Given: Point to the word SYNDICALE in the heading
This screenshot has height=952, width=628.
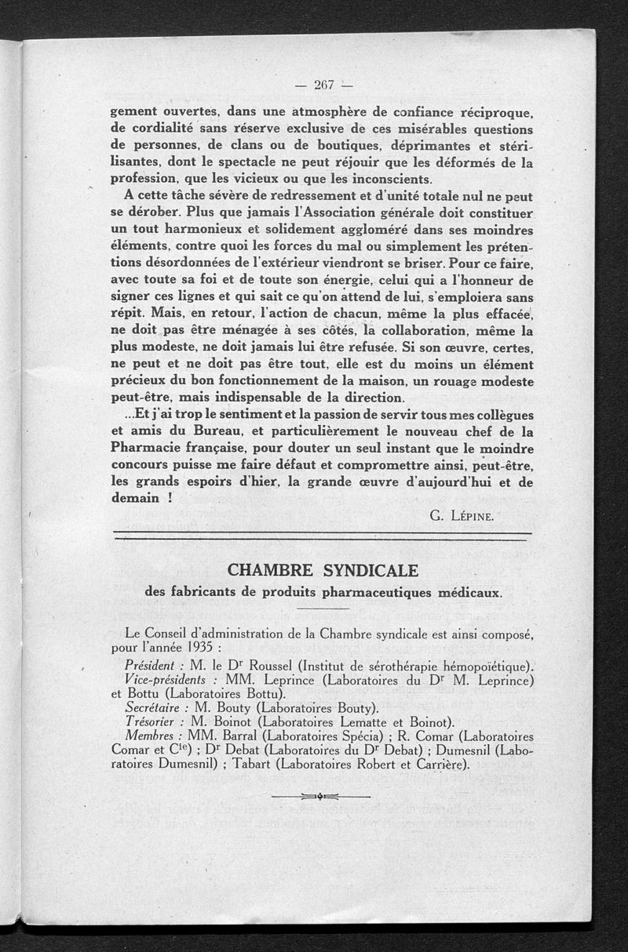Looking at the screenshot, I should point(370,569).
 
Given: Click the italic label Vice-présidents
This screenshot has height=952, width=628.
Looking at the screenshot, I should point(164,679).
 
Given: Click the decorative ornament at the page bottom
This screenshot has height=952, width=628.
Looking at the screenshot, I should point(319,797).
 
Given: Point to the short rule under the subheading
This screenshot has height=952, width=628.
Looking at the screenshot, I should point(322,609).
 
